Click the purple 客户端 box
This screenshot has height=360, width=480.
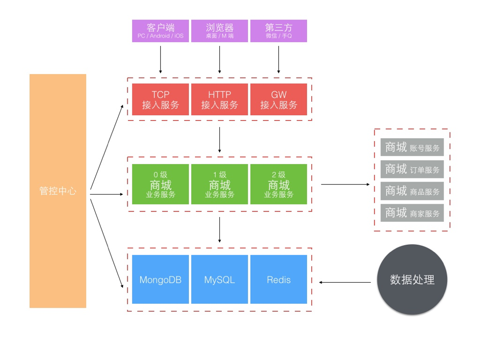click(x=160, y=31)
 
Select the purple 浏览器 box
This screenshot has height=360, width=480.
click(x=219, y=31)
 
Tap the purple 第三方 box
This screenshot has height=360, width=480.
click(x=279, y=31)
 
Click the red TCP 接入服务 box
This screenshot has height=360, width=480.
click(x=160, y=99)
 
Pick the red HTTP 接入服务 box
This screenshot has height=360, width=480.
click(x=219, y=99)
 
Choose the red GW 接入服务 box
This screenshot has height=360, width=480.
click(x=279, y=99)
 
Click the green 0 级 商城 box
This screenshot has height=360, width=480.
click(x=160, y=184)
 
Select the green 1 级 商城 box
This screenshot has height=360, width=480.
click(x=219, y=184)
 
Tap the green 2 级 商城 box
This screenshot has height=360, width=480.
click(x=279, y=184)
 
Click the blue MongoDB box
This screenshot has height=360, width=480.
click(x=160, y=279)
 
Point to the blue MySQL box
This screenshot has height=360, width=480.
click(x=219, y=279)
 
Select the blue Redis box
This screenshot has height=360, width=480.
click(x=279, y=279)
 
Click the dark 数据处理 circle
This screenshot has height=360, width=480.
click(x=412, y=280)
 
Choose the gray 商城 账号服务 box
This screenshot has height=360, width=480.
click(x=412, y=148)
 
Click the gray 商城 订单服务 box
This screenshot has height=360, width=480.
click(x=412, y=169)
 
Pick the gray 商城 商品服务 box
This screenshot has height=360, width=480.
click(x=412, y=191)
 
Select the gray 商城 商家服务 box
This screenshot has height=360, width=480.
click(x=412, y=213)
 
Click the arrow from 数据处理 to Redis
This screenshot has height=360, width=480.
click(x=345, y=283)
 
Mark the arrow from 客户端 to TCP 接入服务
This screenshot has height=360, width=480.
click(x=160, y=59)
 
